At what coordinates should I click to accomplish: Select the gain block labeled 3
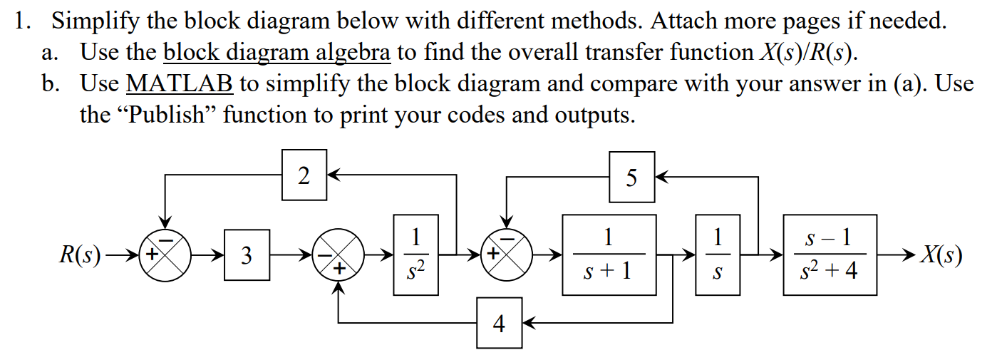point(247,254)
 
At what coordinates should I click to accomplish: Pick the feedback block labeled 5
point(631,177)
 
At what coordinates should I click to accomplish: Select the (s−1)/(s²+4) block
point(830,254)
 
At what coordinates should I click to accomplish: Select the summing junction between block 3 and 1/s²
point(339,254)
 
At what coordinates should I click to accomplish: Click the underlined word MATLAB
point(180,83)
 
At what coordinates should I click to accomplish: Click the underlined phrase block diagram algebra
point(277,52)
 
